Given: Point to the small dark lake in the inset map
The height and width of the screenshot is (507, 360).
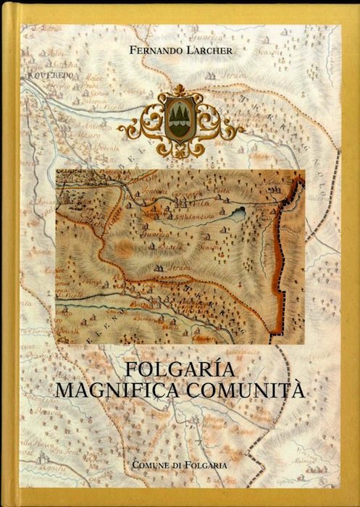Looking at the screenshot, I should [x=236, y=215].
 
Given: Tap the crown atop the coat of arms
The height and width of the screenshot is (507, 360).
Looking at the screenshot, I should [x=180, y=93].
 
